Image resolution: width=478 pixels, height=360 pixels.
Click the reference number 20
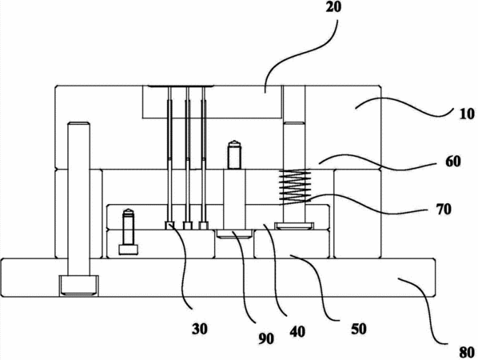(333, 7)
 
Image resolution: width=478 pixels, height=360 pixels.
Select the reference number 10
(467, 114)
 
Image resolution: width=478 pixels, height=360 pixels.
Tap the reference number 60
(452, 162)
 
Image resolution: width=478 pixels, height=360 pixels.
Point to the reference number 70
(444, 210)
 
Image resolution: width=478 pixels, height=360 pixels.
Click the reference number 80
(467, 353)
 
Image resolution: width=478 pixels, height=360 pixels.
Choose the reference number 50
(358, 329)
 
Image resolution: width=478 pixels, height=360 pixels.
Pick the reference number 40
(297, 332)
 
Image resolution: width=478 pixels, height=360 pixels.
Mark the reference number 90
(266, 338)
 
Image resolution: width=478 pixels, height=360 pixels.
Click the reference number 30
(200, 329)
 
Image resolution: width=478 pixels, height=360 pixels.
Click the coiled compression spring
(295, 186)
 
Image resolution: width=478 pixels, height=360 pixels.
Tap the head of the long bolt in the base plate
(78, 286)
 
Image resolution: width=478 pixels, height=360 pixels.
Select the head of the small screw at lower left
(129, 250)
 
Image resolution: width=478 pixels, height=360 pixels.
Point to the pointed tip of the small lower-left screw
(129, 210)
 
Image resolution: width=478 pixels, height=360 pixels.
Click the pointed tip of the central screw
(234, 142)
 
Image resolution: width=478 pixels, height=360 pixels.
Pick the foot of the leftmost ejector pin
(169, 225)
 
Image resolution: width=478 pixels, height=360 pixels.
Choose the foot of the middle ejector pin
(188, 226)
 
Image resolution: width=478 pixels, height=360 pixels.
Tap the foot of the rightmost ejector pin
(204, 226)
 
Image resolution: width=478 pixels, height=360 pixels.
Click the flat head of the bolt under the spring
(294, 226)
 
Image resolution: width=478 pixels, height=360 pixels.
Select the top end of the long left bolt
(78, 124)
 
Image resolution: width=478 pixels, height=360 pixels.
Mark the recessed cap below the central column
(234, 234)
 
